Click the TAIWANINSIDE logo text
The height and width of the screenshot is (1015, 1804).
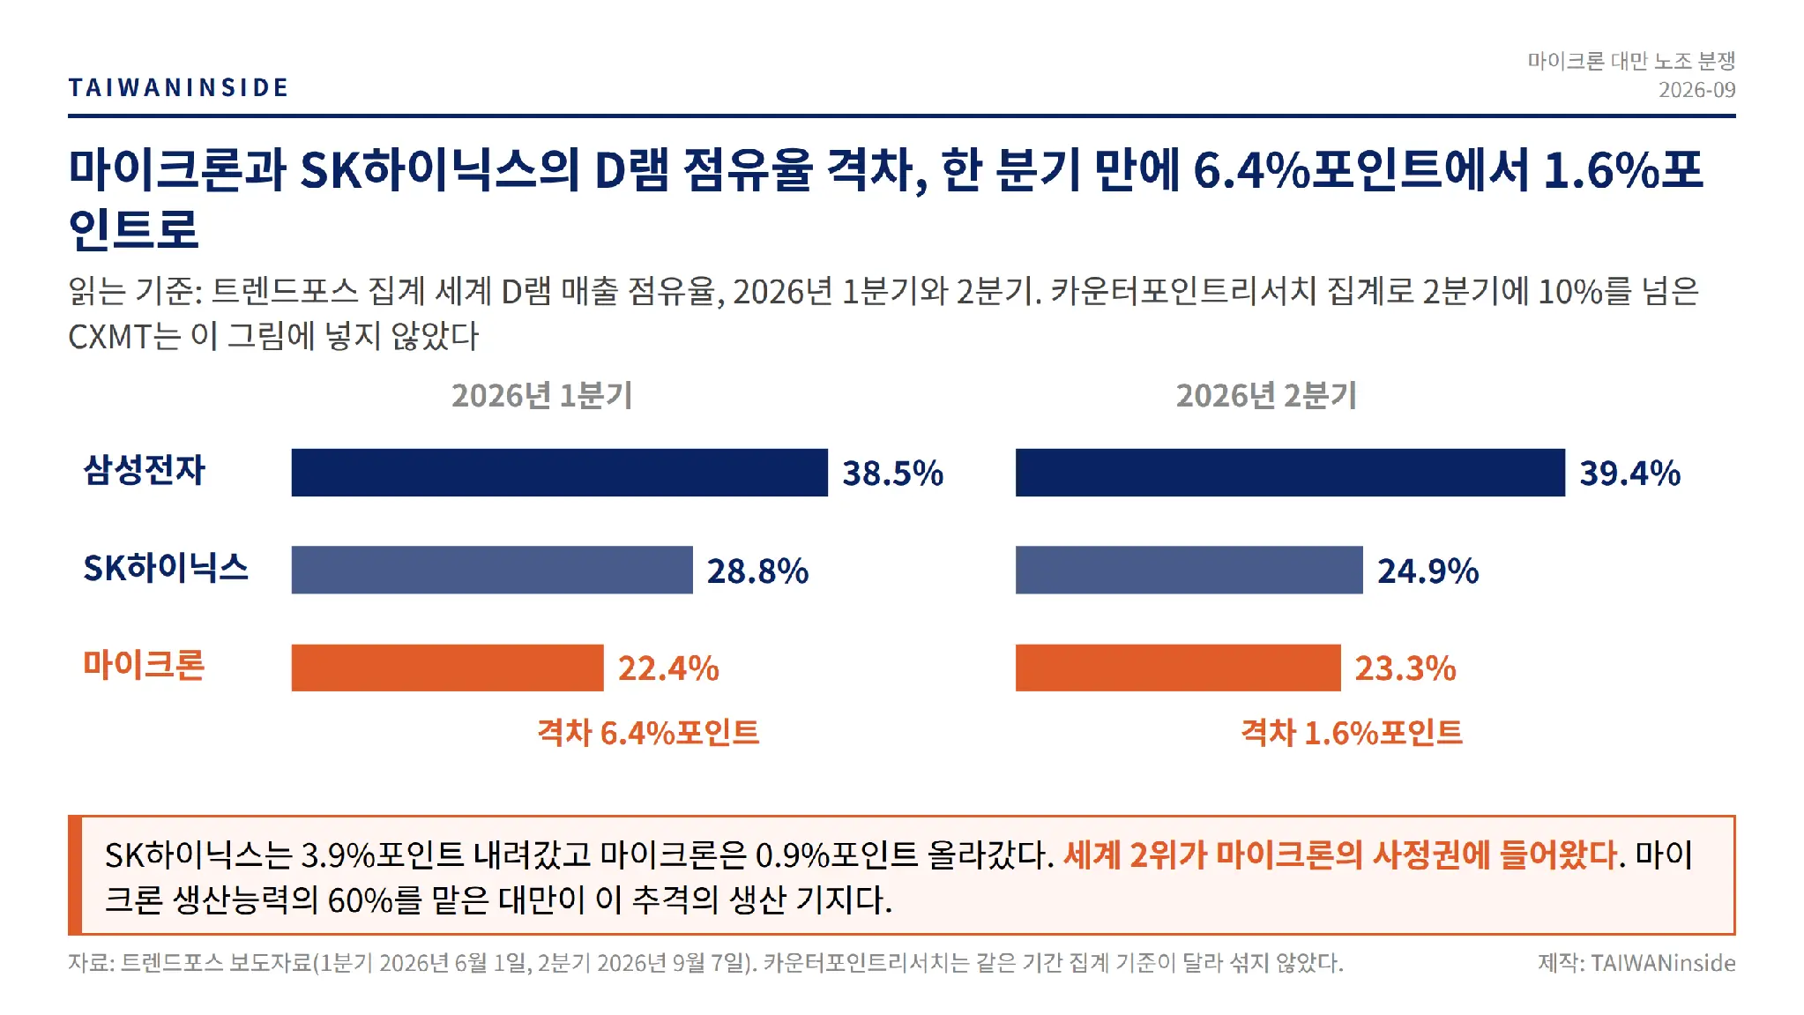click(x=178, y=87)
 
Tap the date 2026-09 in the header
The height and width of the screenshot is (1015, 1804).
click(x=1696, y=90)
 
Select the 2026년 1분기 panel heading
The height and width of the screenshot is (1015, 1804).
click(x=542, y=396)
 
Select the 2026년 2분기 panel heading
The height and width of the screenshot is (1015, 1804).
click(x=1266, y=396)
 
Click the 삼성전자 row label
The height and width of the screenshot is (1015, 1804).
click(x=144, y=470)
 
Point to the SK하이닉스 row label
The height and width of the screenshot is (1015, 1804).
click(x=166, y=568)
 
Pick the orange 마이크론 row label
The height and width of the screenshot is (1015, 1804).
click(x=144, y=665)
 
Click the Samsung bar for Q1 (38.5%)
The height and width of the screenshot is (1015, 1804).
click(x=560, y=473)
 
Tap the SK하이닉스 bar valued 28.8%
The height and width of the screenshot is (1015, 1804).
click(x=492, y=570)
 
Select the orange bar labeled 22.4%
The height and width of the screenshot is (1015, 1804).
click(x=448, y=668)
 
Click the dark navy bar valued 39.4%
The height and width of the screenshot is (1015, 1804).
click(x=1290, y=473)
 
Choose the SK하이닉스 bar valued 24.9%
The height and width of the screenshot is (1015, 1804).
click(x=1189, y=570)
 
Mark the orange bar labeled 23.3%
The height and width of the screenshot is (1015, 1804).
click(x=1178, y=668)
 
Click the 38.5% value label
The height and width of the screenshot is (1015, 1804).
click(x=893, y=474)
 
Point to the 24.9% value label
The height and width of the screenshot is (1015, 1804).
click(x=1428, y=571)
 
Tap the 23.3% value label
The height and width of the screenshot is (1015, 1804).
click(x=1405, y=668)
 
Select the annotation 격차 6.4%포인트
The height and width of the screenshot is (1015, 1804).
click(x=648, y=733)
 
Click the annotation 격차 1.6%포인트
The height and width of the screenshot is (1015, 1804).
click(x=1352, y=733)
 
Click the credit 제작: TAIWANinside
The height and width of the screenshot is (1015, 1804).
click(x=1636, y=963)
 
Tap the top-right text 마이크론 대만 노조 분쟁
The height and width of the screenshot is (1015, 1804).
click(x=1631, y=61)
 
